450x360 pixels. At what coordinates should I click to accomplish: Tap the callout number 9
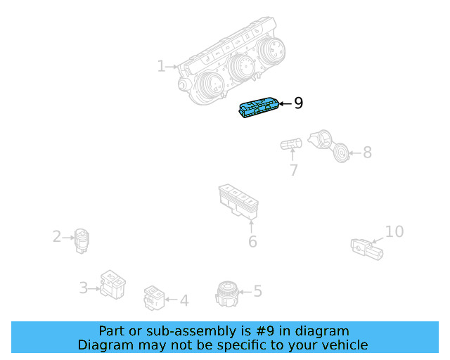point(298,103)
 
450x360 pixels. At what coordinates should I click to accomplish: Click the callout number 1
point(161,66)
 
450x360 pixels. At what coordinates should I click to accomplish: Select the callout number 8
point(367,152)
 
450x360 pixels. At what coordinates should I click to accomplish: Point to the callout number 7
point(293,170)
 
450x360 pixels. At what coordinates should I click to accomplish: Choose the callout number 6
point(252,242)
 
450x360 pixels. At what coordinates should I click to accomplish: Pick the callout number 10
point(394,231)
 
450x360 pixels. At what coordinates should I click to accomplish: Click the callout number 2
point(57,237)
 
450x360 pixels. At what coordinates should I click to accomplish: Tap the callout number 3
point(83,288)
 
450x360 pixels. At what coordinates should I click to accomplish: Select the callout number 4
point(184,301)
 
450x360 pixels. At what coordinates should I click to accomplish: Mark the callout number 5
point(257,290)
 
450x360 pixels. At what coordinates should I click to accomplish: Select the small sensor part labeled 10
point(366,248)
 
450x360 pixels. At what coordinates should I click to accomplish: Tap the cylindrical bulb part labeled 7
point(290,146)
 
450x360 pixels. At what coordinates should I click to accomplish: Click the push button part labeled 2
point(82,240)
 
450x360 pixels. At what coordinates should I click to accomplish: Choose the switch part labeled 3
point(112,283)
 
